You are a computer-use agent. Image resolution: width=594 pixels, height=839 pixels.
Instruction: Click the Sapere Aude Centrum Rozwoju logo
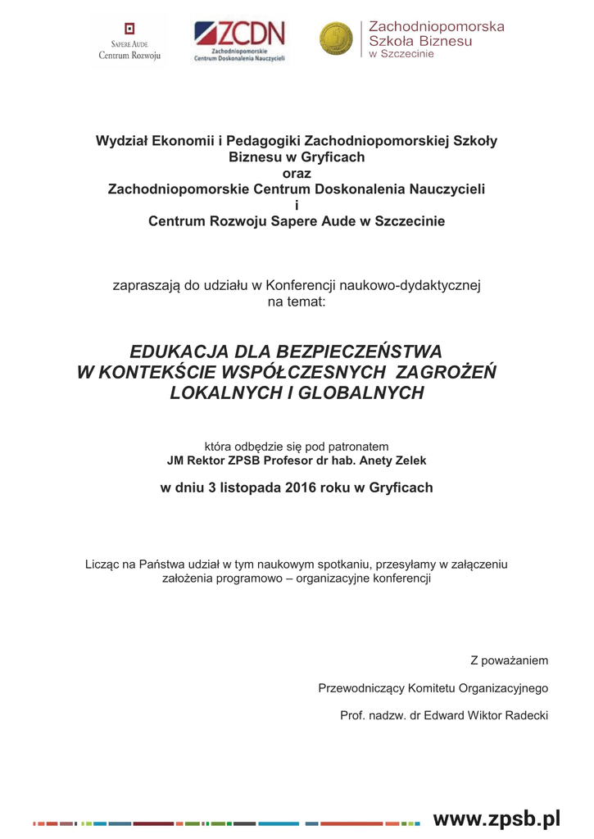(x=129, y=41)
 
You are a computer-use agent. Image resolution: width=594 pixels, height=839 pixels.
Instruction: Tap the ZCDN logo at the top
(x=239, y=41)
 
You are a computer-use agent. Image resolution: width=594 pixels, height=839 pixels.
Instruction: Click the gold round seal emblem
(x=335, y=39)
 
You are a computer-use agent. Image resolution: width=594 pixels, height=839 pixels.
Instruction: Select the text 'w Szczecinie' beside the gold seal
(x=402, y=54)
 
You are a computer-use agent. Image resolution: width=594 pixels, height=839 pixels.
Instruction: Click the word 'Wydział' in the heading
(x=122, y=141)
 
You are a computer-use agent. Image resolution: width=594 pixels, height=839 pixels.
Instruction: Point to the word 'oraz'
(x=297, y=173)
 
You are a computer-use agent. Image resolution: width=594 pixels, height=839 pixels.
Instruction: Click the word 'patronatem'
(x=358, y=447)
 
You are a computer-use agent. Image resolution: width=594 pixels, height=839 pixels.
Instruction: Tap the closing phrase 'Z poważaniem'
(x=509, y=660)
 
